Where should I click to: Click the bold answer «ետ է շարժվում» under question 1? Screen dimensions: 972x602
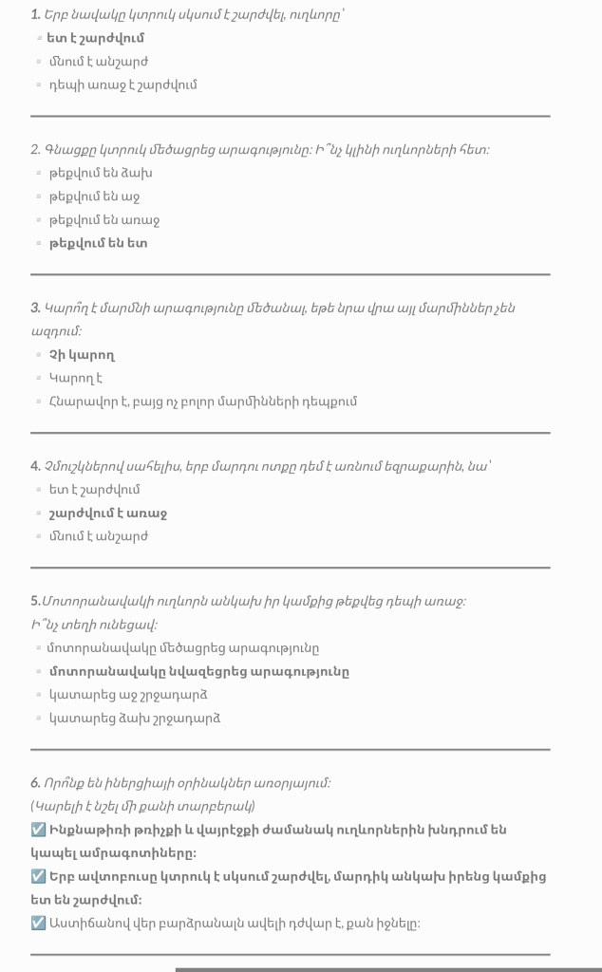(x=95, y=39)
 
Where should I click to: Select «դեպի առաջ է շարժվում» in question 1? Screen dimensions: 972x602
(x=122, y=85)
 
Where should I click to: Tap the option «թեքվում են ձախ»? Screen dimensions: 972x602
(x=100, y=174)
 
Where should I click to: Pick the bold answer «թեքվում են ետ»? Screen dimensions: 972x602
(x=98, y=243)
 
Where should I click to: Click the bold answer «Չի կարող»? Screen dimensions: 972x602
(x=82, y=355)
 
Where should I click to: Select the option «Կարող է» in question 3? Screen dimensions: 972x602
(x=76, y=378)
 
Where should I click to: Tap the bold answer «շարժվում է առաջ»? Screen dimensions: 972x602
(x=107, y=514)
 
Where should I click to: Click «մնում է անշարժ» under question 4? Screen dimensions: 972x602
(x=98, y=536)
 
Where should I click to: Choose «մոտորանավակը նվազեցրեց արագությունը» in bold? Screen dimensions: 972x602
(x=198, y=672)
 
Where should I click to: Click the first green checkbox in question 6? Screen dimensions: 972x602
(x=38, y=831)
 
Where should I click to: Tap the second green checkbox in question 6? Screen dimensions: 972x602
(x=38, y=876)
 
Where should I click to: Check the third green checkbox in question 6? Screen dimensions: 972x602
(x=38, y=923)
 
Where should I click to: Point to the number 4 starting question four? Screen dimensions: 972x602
(x=35, y=466)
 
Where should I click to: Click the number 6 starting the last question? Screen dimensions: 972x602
(x=35, y=784)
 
